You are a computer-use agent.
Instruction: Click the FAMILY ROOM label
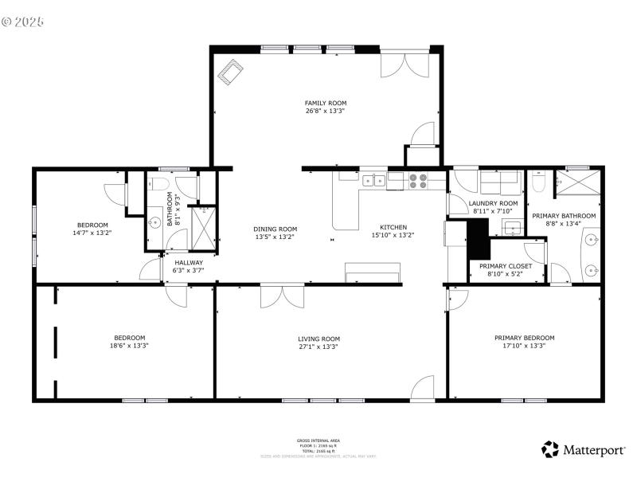pos(326,103)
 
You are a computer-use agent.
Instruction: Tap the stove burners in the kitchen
pos(418,181)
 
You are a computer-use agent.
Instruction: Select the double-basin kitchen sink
pos(374,181)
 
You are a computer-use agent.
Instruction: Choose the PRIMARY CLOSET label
pos(505,265)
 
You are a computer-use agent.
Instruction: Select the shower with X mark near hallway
pos(204,225)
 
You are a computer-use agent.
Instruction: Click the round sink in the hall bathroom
pos(155,221)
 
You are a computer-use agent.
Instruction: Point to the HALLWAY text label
pos(189,262)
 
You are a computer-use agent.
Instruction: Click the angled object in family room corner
pos(232,72)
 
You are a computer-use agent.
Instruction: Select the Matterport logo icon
pos(550,450)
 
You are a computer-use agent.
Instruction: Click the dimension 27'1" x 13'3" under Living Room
pos(319,347)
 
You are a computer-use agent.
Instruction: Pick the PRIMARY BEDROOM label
pos(524,338)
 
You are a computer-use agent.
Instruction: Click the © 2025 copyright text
pos(23,22)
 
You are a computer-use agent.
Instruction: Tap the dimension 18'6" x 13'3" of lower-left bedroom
pos(129,346)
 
